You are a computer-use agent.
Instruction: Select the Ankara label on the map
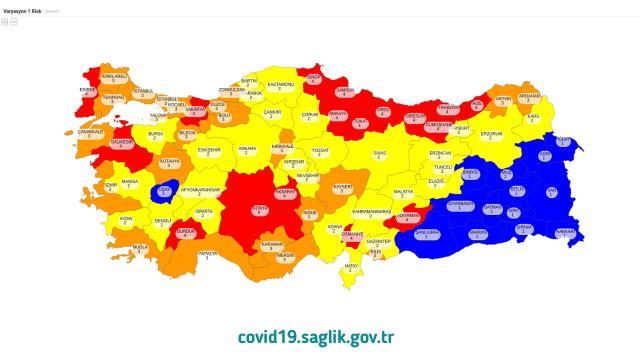tap(246, 150)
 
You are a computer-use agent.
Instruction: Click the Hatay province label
tap(351, 267)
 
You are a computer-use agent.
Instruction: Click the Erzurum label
tap(491, 134)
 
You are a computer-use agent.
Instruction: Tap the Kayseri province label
tap(342, 188)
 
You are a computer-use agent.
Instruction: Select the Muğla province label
tap(141, 246)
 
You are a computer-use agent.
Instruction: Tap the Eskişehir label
tap(208, 151)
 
